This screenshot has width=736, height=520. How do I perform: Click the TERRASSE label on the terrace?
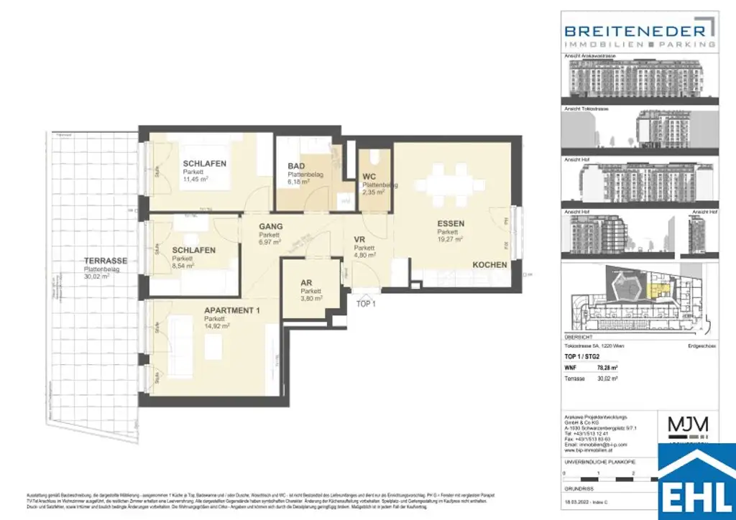[106, 261]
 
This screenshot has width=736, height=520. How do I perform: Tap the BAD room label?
[286, 166]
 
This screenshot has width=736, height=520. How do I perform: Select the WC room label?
[369, 176]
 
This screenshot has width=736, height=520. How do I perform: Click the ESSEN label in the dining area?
[451, 223]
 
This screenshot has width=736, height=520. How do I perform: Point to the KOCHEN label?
[489, 265]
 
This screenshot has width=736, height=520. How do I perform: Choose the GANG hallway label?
[271, 226]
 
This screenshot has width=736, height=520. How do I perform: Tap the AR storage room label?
[306, 282]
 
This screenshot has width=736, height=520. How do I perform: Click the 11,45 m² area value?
[198, 180]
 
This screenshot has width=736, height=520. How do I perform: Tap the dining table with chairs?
[450, 185]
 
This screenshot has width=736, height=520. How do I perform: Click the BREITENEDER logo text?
[635, 30]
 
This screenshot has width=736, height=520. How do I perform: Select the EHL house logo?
[696, 481]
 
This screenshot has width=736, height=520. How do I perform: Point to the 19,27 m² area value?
[451, 240]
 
